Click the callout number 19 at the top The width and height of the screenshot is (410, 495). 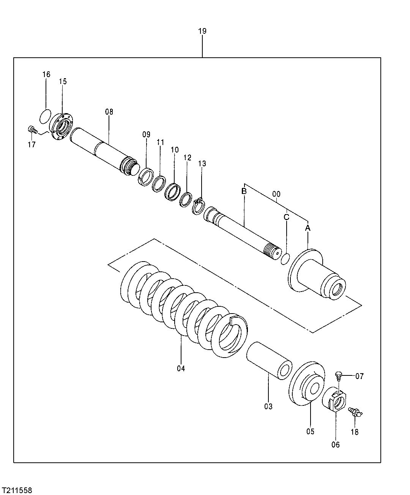tap(202, 31)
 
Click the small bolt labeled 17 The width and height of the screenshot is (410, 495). tap(33, 130)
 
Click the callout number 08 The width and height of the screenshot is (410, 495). tap(109, 112)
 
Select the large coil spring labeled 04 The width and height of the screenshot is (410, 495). tap(182, 307)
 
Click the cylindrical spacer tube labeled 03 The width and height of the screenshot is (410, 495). tap(270, 359)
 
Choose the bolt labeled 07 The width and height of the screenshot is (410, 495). tap(339, 376)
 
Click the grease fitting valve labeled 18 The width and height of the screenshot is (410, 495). tap(355, 411)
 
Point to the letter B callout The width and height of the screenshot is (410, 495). tap(244, 191)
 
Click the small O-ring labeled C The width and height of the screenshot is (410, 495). tap(285, 259)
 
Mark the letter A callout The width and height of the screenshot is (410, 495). tap(308, 228)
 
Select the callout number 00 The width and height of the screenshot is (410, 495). tap(276, 194)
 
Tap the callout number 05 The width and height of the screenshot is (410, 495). tap(310, 431)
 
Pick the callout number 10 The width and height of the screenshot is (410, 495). tap(174, 150)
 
